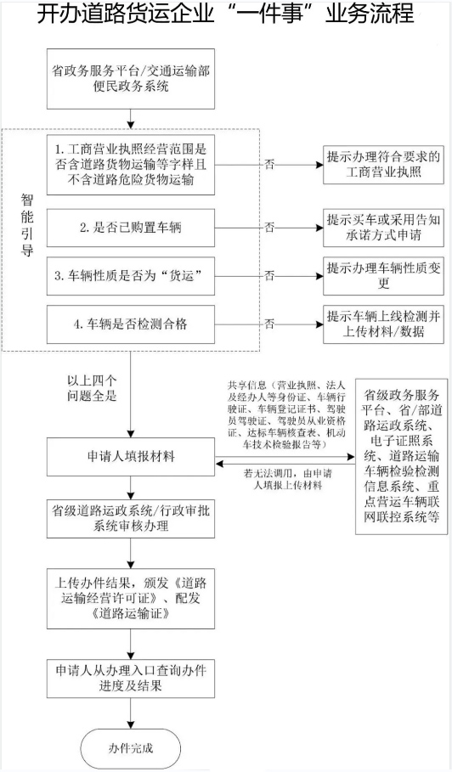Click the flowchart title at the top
click(x=226, y=14)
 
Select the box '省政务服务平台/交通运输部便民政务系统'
click(x=131, y=79)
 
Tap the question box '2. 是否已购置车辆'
click(x=131, y=228)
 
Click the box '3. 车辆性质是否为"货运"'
click(x=131, y=276)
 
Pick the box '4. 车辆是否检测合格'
click(x=131, y=324)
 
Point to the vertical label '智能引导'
click(x=27, y=224)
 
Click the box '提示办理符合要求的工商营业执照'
click(x=384, y=165)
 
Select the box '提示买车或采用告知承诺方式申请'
click(x=384, y=228)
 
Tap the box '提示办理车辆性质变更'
click(x=384, y=276)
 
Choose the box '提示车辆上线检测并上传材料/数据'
click(x=384, y=324)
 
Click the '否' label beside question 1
click(x=269, y=165)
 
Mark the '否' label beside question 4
click(x=269, y=324)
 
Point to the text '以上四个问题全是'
click(x=92, y=388)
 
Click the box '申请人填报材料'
click(x=131, y=457)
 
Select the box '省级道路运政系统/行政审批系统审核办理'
click(x=131, y=518)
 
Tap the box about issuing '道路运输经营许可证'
click(x=131, y=598)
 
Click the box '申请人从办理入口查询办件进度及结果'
click(x=131, y=678)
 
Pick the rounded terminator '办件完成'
click(x=131, y=748)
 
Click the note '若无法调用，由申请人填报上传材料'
click(x=287, y=480)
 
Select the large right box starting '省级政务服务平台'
click(x=402, y=456)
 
